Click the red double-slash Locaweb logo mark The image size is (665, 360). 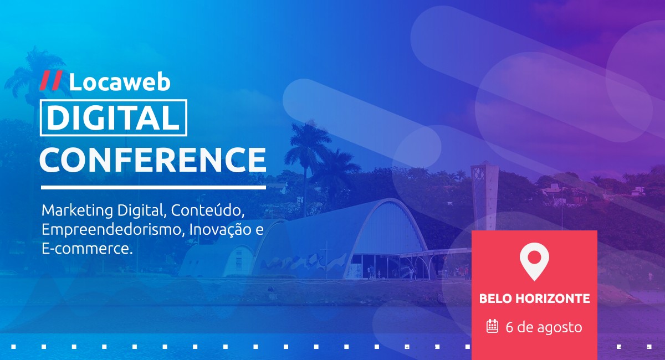[x=51, y=80]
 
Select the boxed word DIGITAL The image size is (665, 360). [x=114, y=117]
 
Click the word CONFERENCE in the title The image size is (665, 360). [x=153, y=159]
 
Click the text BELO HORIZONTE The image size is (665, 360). [x=534, y=299]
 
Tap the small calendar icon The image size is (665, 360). [x=492, y=326]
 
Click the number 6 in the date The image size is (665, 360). [x=509, y=327]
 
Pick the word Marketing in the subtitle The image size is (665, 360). [x=77, y=211]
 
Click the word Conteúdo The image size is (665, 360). [x=207, y=210]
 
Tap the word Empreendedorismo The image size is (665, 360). [x=111, y=230]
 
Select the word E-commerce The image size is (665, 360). [x=87, y=249]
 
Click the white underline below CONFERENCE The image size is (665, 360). [x=154, y=187]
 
